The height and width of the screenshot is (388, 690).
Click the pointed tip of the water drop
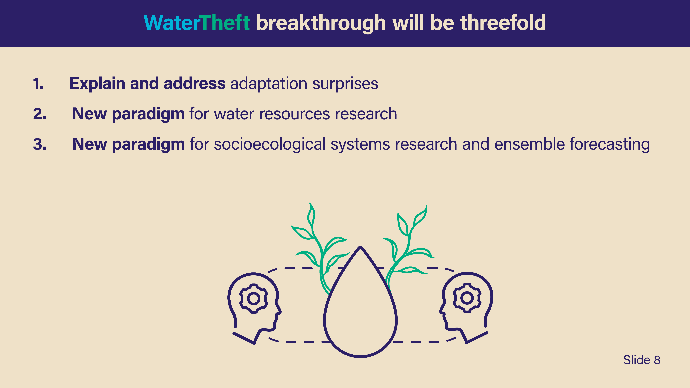(361, 247)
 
